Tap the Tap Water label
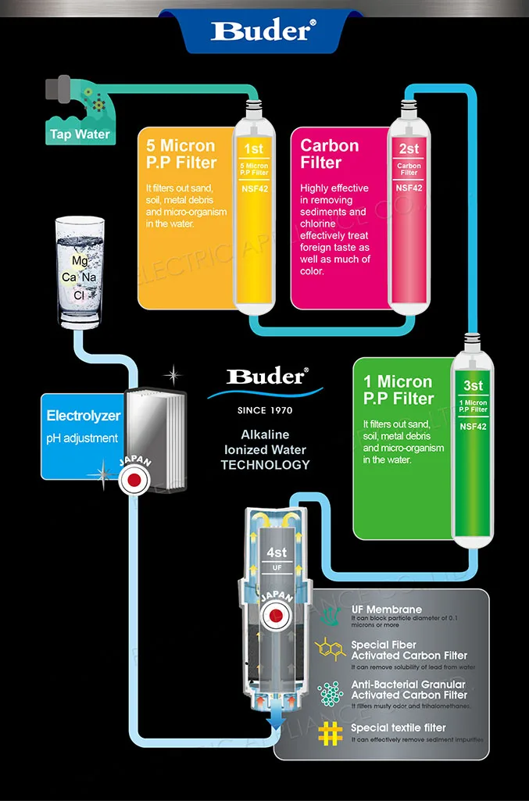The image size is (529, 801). tap(80, 134)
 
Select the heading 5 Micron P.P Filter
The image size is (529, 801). tap(181, 154)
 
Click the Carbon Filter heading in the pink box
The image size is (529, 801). tap(330, 154)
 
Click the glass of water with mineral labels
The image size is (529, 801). tap(80, 270)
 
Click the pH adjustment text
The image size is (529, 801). tap(82, 438)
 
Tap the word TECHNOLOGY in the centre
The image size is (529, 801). tap(265, 465)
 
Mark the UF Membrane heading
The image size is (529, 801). tap(386, 610)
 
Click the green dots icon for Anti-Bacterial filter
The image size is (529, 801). tap(331, 692)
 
